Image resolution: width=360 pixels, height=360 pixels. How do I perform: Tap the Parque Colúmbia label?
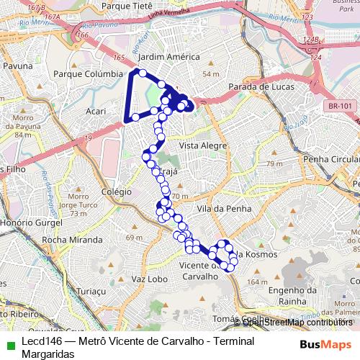click(x=89, y=73)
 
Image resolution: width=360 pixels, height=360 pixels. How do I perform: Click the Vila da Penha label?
click(x=215, y=207)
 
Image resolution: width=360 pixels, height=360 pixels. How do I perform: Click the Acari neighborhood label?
click(x=96, y=112)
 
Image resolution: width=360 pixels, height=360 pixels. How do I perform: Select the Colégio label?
click(x=117, y=192)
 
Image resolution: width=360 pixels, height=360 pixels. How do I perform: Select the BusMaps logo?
click(x=325, y=344)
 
